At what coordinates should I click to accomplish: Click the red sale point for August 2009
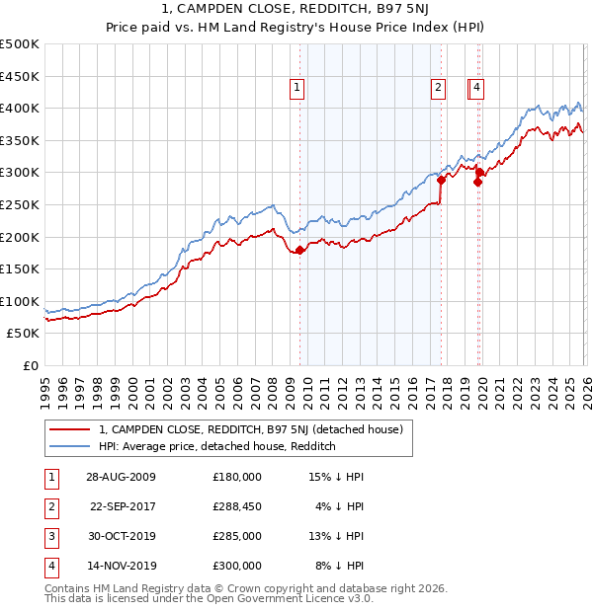pos(300,250)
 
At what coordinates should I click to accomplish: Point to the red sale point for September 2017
pos(441,180)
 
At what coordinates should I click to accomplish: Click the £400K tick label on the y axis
pos(20,109)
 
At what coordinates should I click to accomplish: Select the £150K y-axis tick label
pos(20,268)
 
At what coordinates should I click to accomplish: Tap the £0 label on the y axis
pos(30,365)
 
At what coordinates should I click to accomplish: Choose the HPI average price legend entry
pos(217,447)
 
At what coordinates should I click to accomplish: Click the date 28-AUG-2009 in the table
pos(120,477)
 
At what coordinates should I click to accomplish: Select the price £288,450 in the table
pos(236,506)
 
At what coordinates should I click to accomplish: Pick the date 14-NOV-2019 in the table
pos(120,566)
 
